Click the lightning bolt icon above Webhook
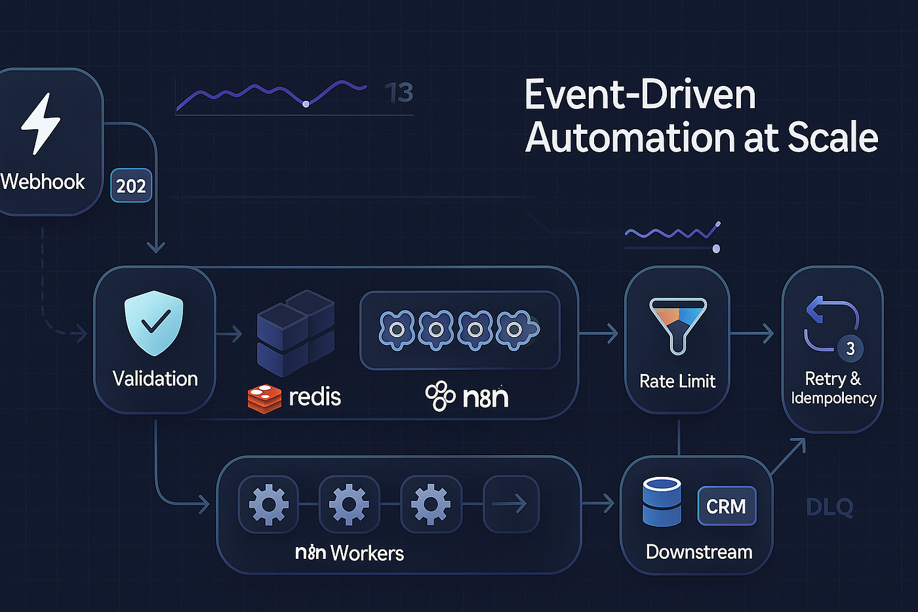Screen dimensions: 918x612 click(41, 123)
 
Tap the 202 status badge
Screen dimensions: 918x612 click(131, 185)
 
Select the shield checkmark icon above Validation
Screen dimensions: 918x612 click(153, 323)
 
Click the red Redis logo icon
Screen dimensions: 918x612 click(264, 398)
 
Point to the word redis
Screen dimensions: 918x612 click(315, 397)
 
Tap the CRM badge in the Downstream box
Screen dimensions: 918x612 click(727, 506)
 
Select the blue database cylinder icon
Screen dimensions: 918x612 click(662, 501)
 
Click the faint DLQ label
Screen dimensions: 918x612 click(829, 507)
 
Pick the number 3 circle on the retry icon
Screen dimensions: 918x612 click(850, 348)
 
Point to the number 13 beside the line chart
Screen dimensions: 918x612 click(399, 92)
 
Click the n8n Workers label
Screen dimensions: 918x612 click(349, 553)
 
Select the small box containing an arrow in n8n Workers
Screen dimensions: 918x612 click(511, 504)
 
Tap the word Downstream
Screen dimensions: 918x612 click(699, 552)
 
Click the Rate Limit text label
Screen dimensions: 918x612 click(677, 382)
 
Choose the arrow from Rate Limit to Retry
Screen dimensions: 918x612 click(752, 334)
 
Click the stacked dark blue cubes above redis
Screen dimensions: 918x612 click(296, 333)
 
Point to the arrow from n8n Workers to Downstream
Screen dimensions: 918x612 click(597, 503)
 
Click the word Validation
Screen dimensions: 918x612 click(155, 378)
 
